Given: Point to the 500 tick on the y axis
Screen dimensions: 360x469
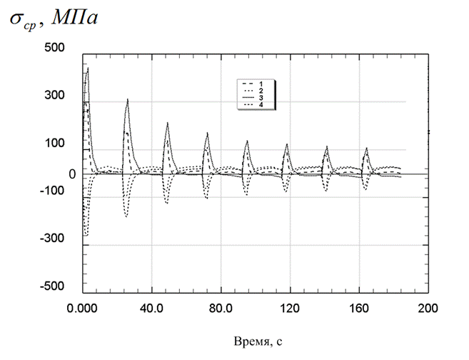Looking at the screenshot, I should pyautogui.click(x=54, y=48).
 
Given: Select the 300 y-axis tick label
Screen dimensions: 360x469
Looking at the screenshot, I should pyautogui.click(x=54, y=96).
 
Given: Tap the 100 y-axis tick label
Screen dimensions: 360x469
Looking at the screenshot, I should pyautogui.click(x=54, y=143).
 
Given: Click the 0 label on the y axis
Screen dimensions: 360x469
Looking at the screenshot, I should pyautogui.click(x=71, y=174).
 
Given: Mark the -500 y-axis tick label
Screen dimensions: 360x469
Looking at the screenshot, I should pyautogui.click(x=52, y=286).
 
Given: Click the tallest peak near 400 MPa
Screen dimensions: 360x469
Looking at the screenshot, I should pyautogui.click(x=88, y=69).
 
